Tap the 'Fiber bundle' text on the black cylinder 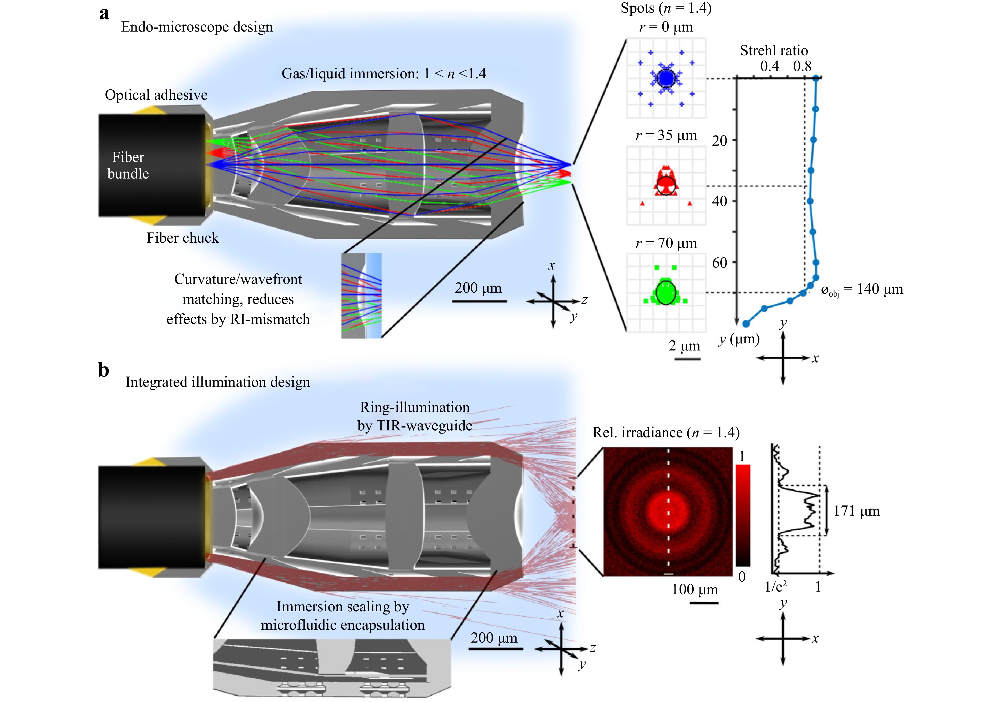pos(128,165)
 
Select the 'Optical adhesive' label pos(156,95)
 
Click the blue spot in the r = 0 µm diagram pos(666,78)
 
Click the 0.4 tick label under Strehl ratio pos(769,66)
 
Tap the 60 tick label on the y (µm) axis pos(719,263)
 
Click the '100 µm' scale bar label pos(695,589)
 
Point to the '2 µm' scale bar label pos(684,346)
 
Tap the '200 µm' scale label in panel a pos(478,288)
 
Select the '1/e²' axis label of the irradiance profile pos(775,586)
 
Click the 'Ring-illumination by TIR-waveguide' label pos(415,416)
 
